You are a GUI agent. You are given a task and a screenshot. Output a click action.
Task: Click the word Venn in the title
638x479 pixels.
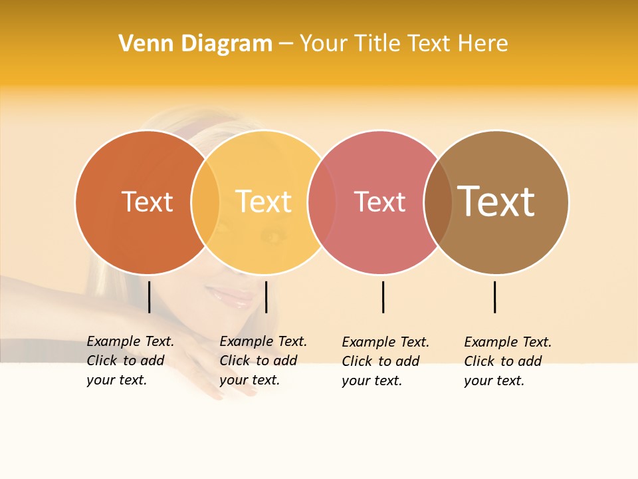[141, 44]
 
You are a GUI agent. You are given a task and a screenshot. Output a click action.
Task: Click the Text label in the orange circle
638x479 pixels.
[147, 202]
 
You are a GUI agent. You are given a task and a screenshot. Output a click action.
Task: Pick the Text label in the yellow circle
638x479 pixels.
[264, 202]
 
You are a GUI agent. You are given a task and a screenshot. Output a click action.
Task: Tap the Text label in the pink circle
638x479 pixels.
[379, 202]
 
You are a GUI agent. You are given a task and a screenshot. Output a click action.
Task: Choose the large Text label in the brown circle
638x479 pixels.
[496, 202]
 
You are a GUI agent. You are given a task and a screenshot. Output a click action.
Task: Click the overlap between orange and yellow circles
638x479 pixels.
[205, 202]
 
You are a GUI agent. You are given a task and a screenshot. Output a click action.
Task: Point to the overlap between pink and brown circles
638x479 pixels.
[438, 202]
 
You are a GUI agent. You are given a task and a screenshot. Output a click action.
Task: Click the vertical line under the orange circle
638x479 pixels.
[149, 297]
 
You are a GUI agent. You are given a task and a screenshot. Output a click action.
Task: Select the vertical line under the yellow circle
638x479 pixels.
[266, 297]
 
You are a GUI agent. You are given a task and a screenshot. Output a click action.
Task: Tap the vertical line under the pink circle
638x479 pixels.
[383, 297]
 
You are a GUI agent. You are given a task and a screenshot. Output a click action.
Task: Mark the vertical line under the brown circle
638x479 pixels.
[494, 297]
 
